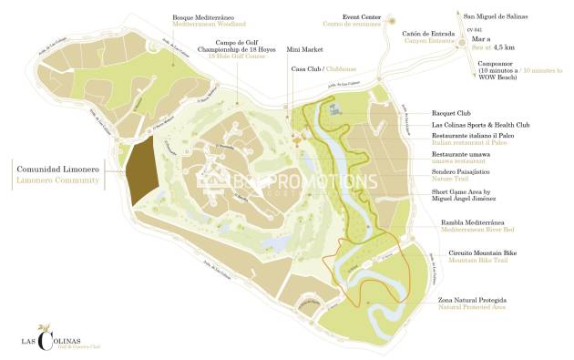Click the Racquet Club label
click(452, 114)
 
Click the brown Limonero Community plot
click(143, 172)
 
